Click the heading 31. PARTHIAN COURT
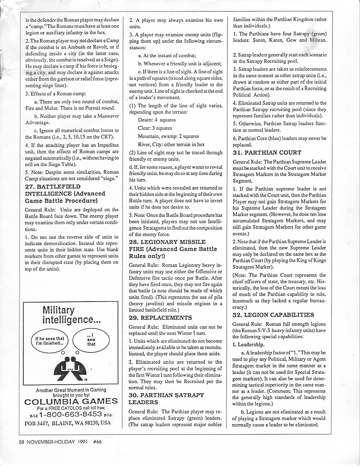point(267,152)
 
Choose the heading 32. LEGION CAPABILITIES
point(273,314)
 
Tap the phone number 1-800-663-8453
point(71,415)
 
